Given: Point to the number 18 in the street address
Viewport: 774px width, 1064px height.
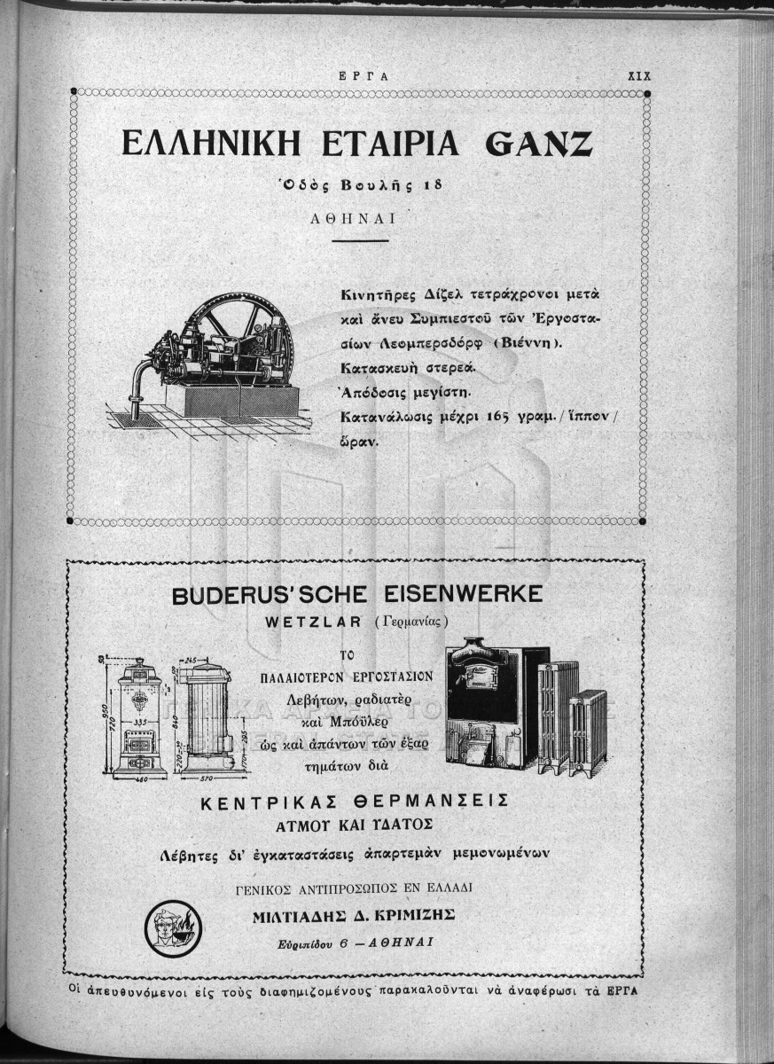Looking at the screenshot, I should tap(431, 186).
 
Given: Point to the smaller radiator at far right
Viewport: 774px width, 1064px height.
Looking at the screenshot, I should tap(588, 731).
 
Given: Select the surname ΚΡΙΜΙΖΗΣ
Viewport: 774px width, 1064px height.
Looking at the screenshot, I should tap(413, 915).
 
